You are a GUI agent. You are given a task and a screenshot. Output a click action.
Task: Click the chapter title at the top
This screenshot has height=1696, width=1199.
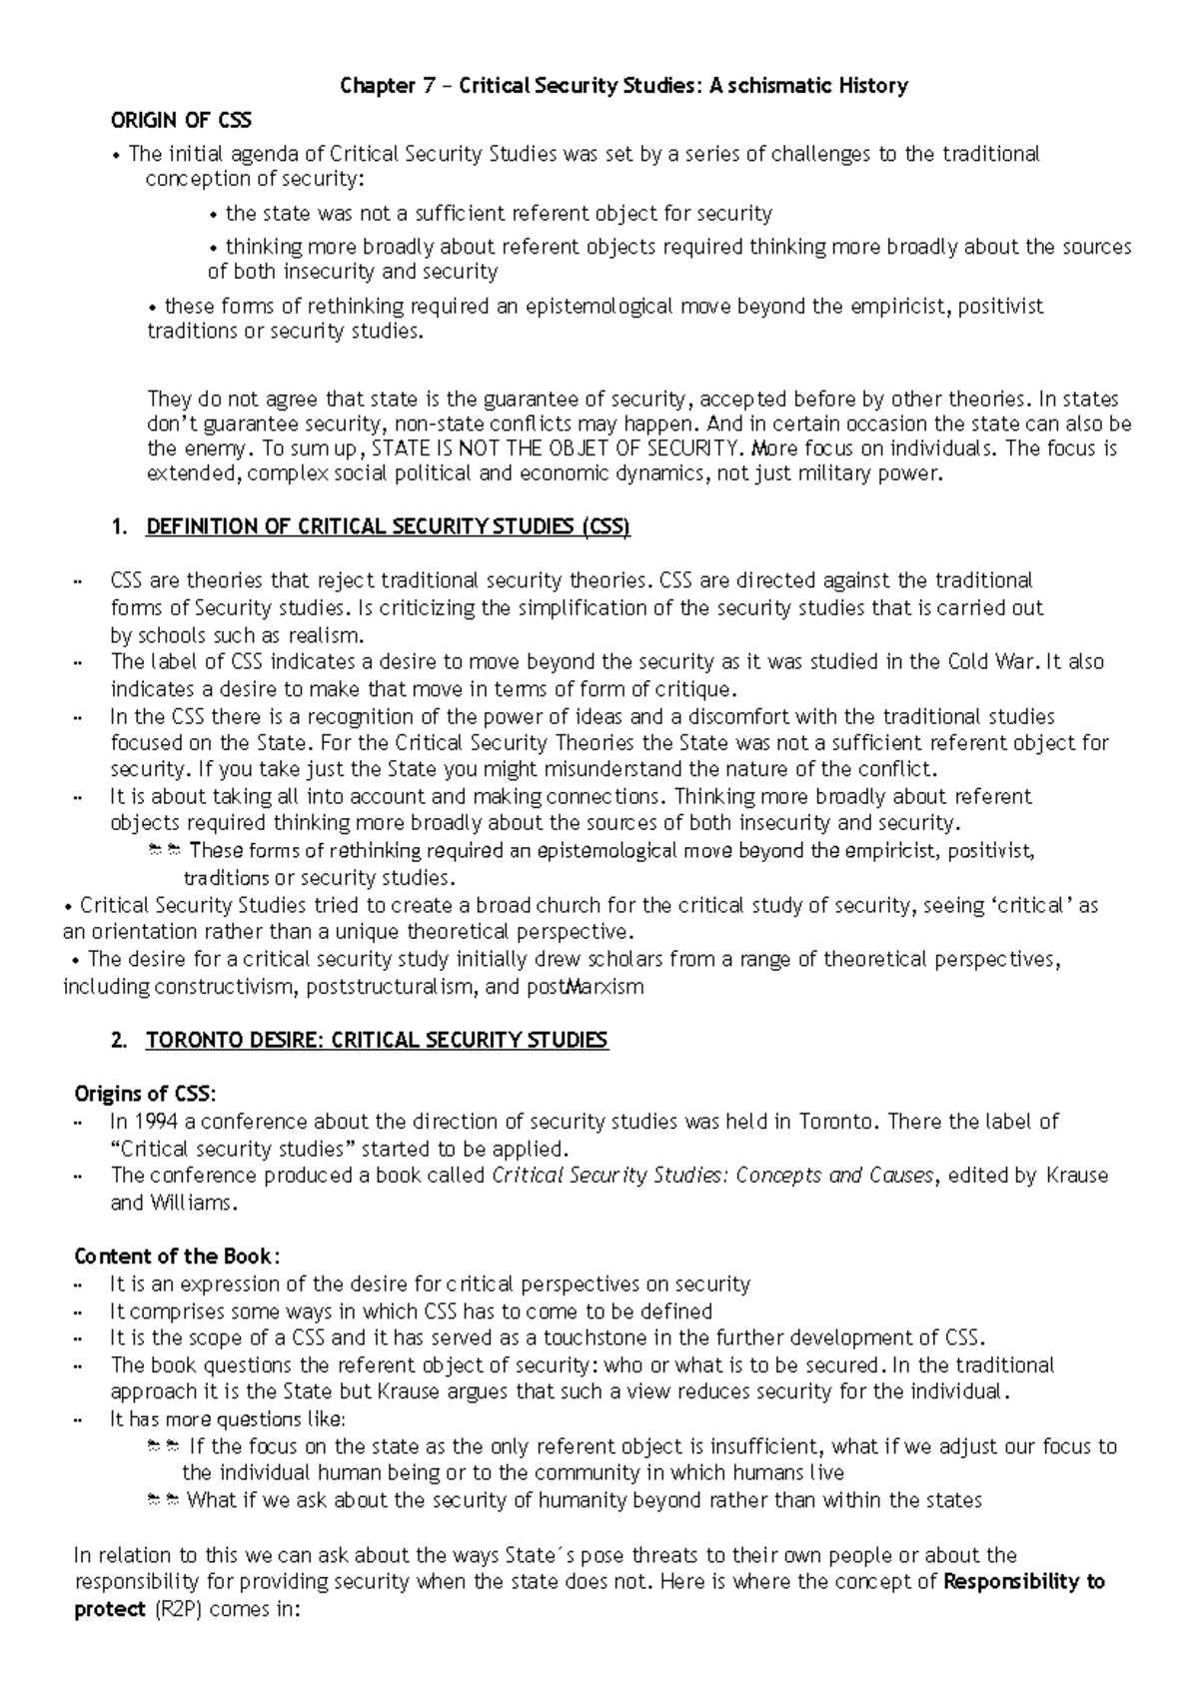coord(623,86)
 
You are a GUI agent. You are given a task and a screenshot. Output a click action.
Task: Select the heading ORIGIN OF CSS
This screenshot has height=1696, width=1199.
coord(181,121)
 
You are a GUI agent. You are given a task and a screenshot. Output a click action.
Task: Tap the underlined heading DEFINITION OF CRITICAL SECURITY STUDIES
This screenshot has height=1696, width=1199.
coord(388,527)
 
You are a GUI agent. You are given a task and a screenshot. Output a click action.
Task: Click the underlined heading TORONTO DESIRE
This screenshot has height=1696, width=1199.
coord(377,1041)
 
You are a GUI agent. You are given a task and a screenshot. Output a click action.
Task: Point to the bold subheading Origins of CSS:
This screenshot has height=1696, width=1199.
coord(145,1094)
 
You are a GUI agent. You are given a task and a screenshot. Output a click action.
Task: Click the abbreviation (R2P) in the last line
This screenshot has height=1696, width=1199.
coord(177,1610)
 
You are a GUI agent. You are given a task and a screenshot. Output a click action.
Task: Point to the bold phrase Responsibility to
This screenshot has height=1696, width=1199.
coord(1023,1582)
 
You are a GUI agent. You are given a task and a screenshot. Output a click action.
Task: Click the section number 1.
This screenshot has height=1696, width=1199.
coord(121,527)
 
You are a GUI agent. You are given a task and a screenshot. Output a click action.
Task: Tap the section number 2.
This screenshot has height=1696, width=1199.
coord(121,1041)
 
